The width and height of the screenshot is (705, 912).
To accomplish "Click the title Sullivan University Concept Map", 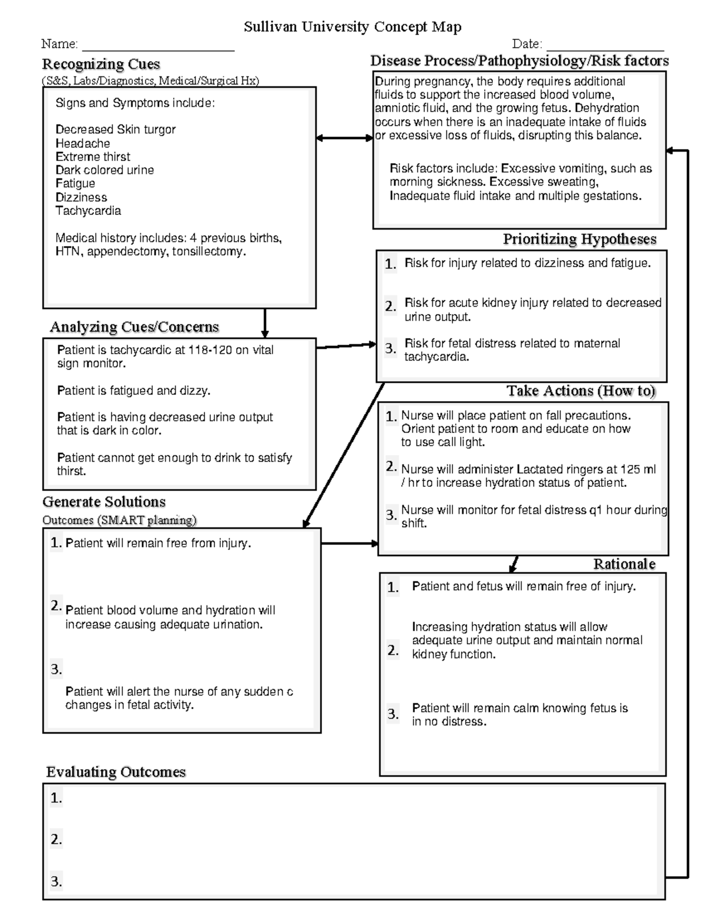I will coord(352,27).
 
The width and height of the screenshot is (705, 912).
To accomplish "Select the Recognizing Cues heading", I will coord(101,64).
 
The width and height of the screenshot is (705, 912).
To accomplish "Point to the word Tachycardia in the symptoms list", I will coord(88,211).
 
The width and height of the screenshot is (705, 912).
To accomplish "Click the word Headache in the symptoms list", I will coord(83,143).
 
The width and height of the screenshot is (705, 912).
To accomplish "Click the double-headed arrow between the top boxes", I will coord(344,138).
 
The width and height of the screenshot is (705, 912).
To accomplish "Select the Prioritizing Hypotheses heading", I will coord(579,240).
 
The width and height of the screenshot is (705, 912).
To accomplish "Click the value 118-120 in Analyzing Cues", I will coord(210,351).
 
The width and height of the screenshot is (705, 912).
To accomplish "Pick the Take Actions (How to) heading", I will coord(581,391).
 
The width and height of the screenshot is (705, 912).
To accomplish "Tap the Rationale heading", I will coord(624,564).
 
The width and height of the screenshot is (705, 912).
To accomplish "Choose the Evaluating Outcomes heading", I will coord(116,772).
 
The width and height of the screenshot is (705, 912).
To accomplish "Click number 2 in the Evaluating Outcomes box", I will coord(56,840).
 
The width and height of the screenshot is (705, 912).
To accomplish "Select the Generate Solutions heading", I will coord(104,502).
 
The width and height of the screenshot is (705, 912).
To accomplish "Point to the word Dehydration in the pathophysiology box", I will coord(607,108).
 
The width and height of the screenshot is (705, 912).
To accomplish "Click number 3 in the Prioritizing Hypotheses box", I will coord(390,348).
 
